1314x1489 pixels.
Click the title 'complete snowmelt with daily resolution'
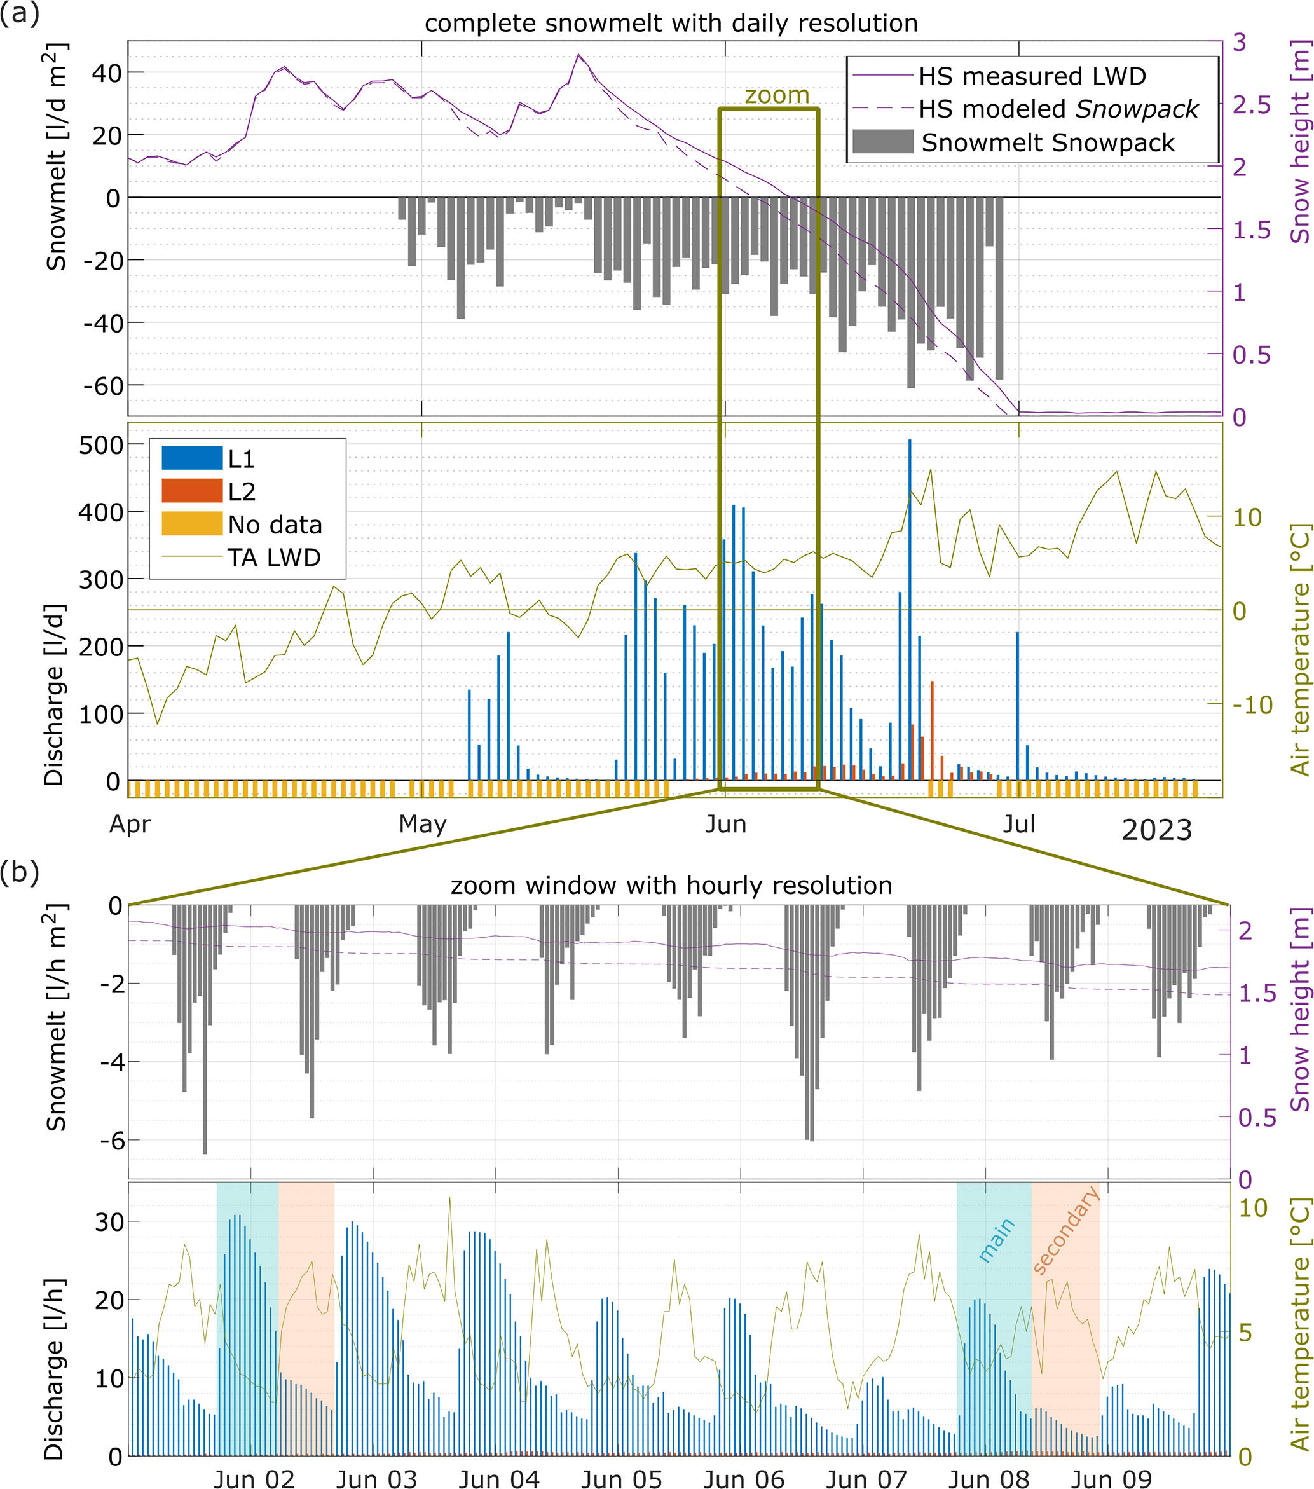670,24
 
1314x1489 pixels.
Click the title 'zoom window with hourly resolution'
670,885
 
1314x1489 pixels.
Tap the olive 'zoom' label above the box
776,95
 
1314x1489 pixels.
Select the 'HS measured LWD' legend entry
1031,76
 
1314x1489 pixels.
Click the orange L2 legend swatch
191,491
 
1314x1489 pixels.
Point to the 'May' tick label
423,824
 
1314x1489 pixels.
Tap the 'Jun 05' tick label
621,1479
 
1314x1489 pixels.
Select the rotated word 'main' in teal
996,1239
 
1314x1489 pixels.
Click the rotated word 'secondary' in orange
1065,1230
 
